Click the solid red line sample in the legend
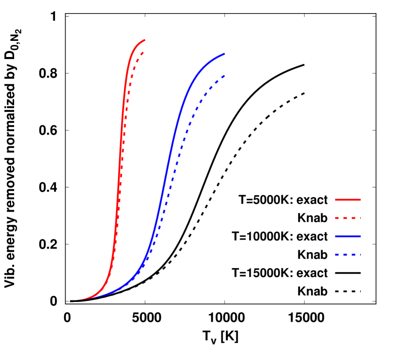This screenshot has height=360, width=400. point(348,200)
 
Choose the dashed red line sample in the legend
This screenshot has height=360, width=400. point(348,218)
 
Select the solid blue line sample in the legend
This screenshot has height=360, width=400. point(348,236)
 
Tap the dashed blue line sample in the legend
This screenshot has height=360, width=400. point(348,255)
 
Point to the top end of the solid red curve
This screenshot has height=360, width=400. point(145,40)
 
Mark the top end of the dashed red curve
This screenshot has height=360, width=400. point(144,52)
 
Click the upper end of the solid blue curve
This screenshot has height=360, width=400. point(224,53)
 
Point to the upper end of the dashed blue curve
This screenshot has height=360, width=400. point(224,76)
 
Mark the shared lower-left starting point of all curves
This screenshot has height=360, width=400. point(71,301)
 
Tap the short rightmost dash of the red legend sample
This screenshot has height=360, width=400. point(360,218)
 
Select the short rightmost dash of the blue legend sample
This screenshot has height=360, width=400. point(360,255)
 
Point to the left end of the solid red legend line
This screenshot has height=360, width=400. point(335,200)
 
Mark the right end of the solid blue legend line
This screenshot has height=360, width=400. point(361,236)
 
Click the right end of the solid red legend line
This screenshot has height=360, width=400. point(361,200)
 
